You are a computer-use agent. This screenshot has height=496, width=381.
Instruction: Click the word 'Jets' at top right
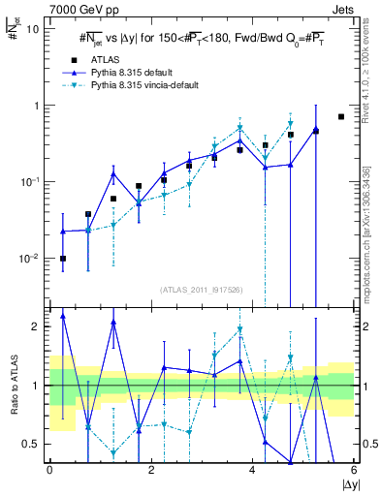click(x=342, y=8)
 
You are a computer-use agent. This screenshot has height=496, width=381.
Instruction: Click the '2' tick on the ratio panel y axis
click(x=36, y=326)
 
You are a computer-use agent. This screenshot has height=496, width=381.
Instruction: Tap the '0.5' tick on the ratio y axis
click(x=32, y=444)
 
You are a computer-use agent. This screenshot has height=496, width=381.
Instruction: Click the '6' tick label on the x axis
click(x=354, y=471)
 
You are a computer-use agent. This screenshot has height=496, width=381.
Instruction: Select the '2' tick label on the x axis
click(x=150, y=471)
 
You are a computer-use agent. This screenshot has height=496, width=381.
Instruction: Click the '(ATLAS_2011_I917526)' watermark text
click(x=202, y=289)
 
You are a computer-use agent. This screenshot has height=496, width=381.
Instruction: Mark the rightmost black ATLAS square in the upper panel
click(x=341, y=117)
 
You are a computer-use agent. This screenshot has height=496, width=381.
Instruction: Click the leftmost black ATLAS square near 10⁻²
click(x=63, y=259)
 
